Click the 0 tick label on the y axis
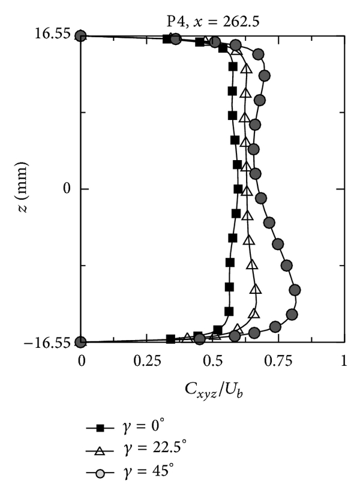click(x=67, y=189)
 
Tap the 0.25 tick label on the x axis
click(x=147, y=362)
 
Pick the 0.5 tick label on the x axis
click(x=213, y=362)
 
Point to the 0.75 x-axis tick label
click(x=278, y=362)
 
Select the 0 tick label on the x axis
click(x=82, y=362)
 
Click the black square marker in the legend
click(x=101, y=428)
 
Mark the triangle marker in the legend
click(x=101, y=447)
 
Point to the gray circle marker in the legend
click(x=101, y=468)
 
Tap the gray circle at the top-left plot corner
click(x=82, y=36)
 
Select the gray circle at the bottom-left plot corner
click(x=82, y=342)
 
